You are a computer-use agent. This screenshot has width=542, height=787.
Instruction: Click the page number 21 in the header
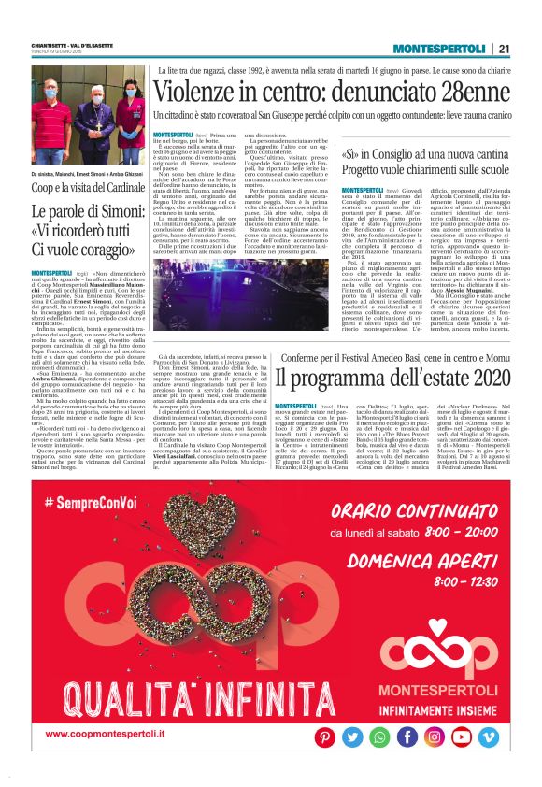pyautogui.click(x=504, y=50)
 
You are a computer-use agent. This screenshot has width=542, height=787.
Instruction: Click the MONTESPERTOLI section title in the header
pyautogui.click(x=439, y=50)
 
